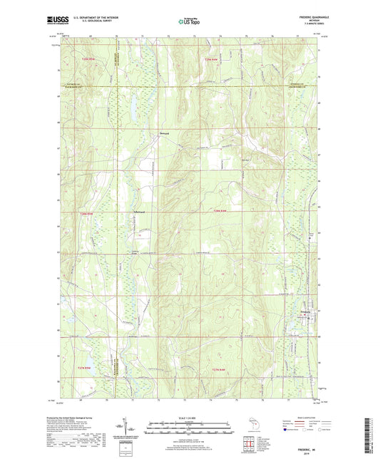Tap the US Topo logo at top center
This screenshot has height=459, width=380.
coord(189,22)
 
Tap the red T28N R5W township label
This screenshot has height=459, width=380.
coord(87,215)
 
